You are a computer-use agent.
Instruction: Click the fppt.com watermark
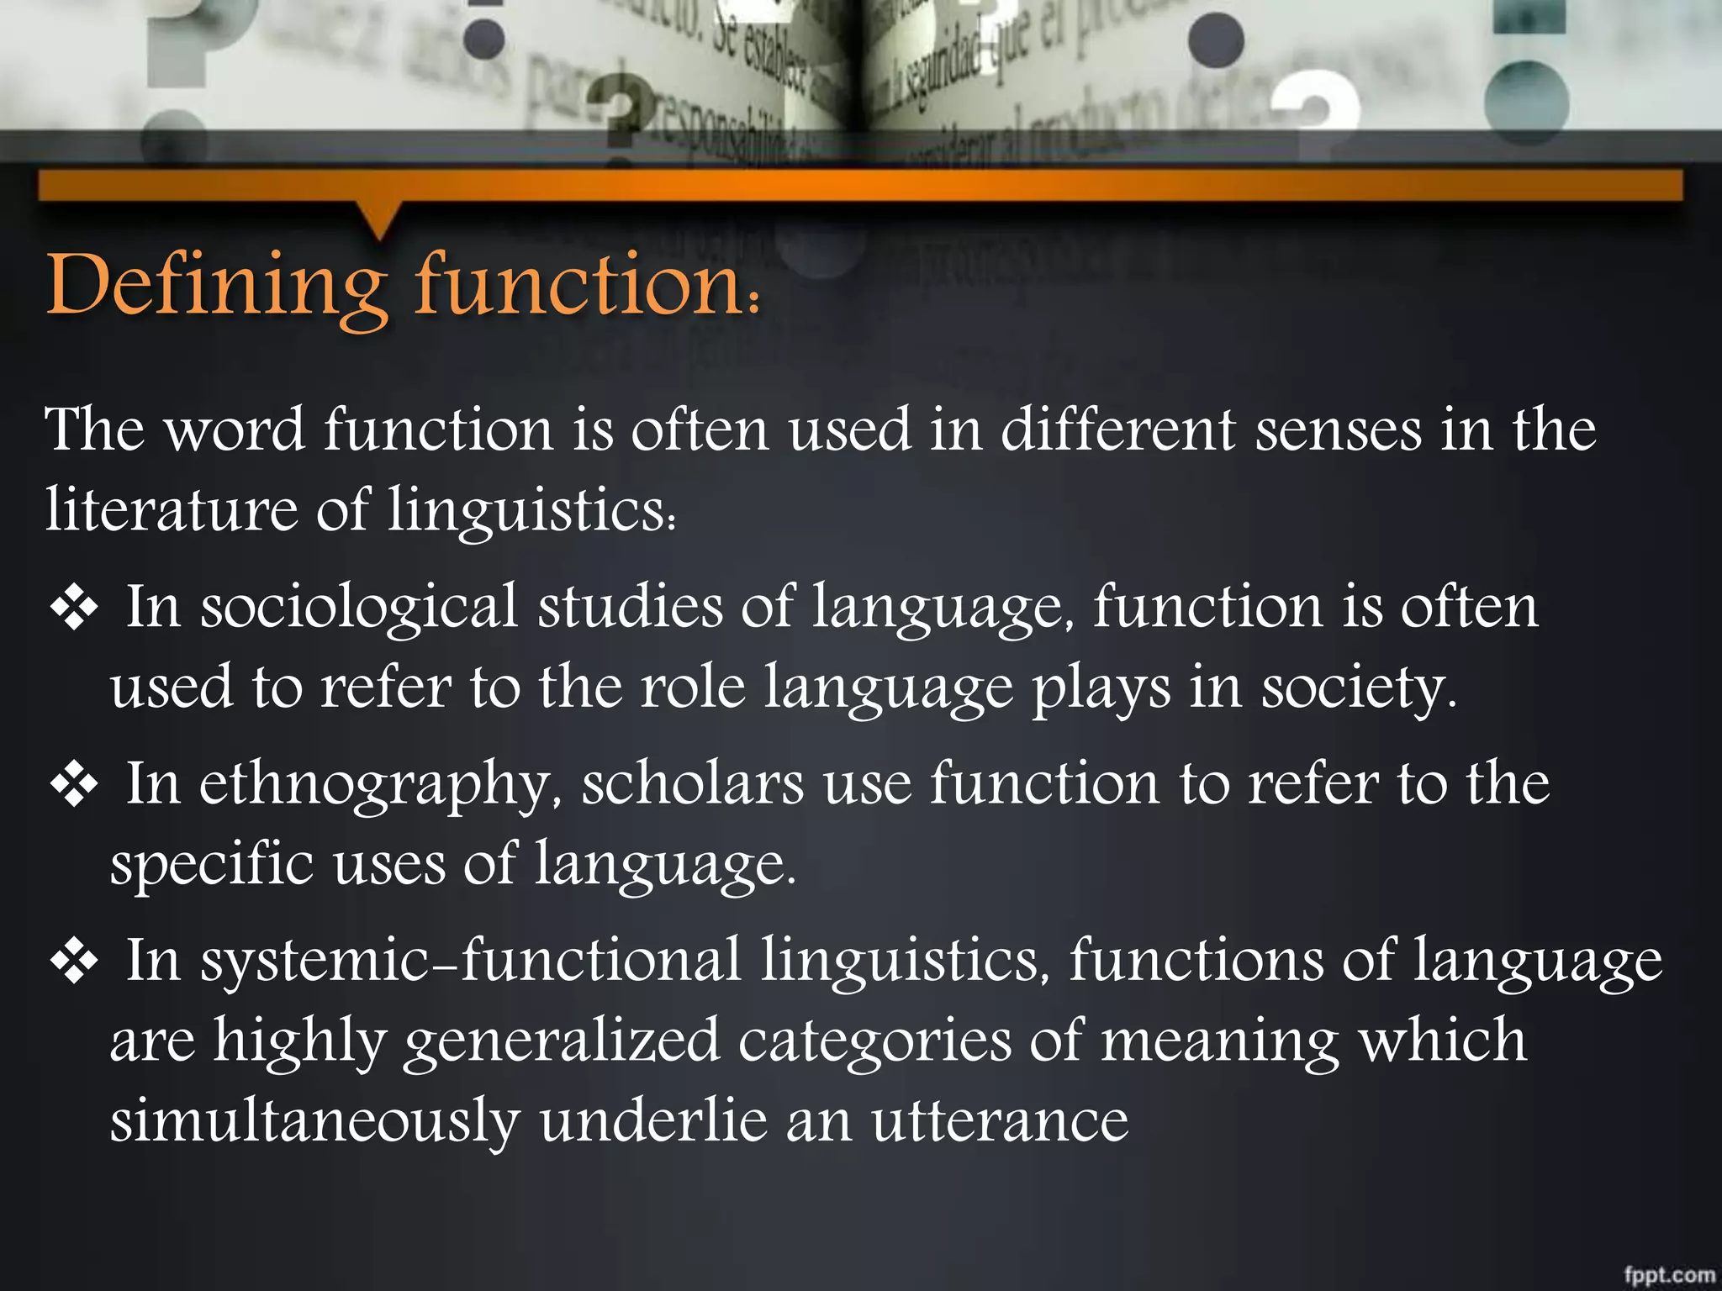tap(1669, 1274)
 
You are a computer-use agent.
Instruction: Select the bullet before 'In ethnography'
tap(75, 785)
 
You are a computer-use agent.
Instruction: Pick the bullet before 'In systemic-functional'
tap(75, 962)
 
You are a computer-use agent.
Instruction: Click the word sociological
tap(359, 607)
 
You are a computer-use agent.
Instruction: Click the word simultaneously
tap(315, 1121)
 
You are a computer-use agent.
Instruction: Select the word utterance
tap(1000, 1121)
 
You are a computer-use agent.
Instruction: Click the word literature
tap(172, 509)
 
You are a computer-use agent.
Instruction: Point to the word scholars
tap(693, 783)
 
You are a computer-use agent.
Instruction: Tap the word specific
tap(212, 864)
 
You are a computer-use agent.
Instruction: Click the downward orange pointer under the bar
tap(379, 220)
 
